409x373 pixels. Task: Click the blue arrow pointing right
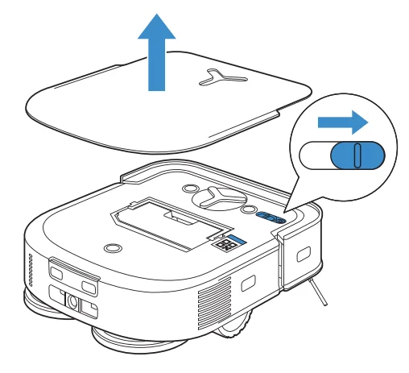point(342,122)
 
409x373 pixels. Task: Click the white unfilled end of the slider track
point(313,155)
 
